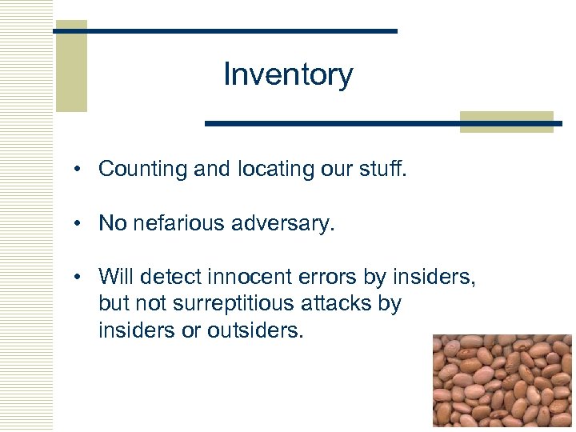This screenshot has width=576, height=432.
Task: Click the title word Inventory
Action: [288, 74]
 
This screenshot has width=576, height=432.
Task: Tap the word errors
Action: [337, 277]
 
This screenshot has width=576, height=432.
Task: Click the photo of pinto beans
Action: [502, 380]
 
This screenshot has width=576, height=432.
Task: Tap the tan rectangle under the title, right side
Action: [506, 122]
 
